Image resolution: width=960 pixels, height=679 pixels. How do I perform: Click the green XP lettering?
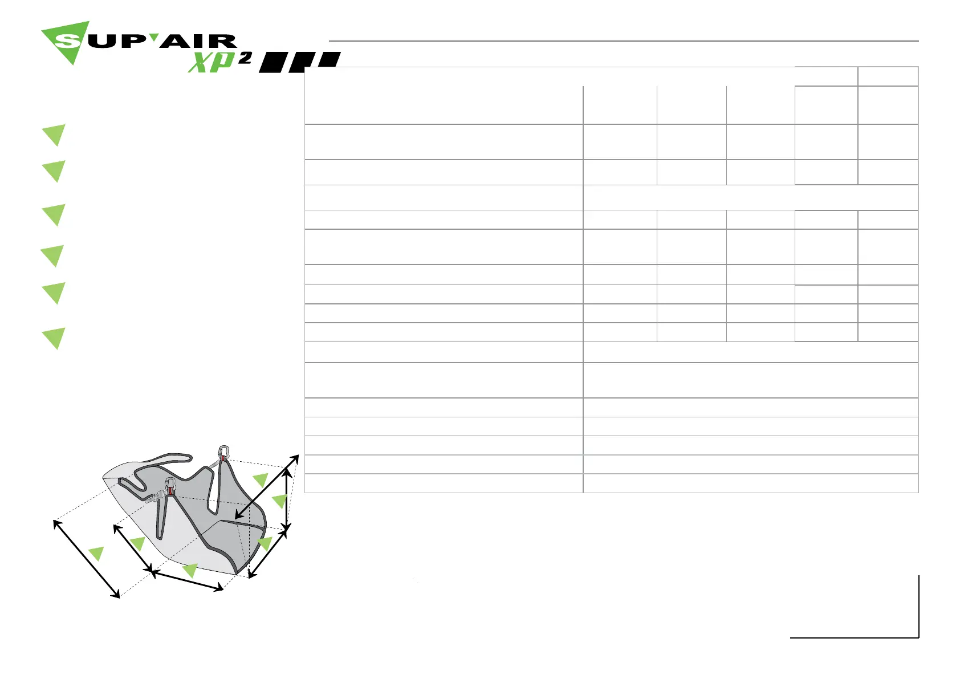210,62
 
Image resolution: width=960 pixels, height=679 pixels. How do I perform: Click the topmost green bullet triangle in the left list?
54,135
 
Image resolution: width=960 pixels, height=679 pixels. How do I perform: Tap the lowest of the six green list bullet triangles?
54,338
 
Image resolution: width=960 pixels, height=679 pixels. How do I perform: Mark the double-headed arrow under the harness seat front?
187,580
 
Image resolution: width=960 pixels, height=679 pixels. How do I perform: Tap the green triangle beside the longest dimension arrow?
96,552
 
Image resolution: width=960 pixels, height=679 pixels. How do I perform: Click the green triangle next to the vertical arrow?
279,501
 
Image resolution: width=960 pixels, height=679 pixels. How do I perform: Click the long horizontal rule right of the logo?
624,41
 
